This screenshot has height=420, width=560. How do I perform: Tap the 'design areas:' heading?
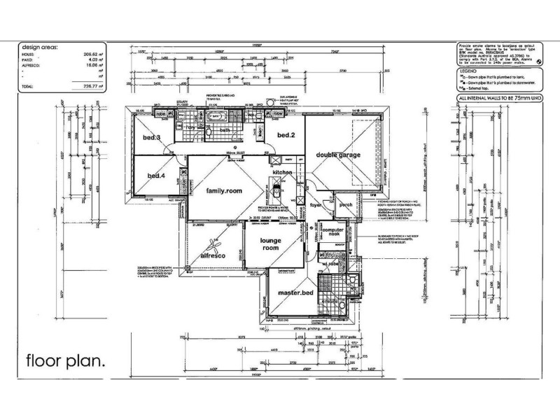point(43,47)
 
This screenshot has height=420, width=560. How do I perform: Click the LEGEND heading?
point(468,71)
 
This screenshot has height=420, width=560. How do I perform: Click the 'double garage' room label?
point(338,155)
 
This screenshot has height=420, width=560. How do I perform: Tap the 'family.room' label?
point(223,190)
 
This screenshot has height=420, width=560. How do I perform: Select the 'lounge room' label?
point(270,244)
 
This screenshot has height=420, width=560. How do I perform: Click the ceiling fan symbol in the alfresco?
point(212,246)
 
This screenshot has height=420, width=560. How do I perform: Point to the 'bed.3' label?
point(153,138)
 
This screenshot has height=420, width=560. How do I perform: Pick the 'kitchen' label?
point(282,172)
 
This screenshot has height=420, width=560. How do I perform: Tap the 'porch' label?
point(346,205)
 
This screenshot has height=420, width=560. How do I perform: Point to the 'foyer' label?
point(316,205)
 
